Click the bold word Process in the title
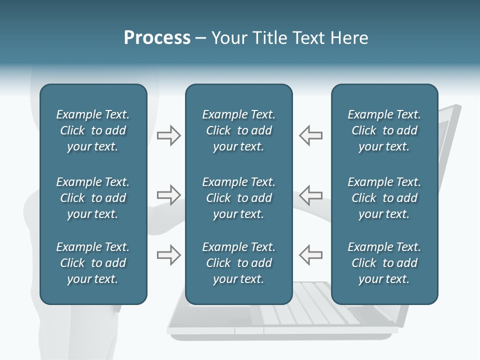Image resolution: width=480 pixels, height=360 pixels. (x=157, y=38)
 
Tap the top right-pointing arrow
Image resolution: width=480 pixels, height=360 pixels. (x=168, y=135)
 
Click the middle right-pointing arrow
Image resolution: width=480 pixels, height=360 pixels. (x=168, y=195)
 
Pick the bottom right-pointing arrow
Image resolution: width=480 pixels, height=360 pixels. (x=168, y=255)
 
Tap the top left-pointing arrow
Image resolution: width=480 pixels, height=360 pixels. (x=310, y=135)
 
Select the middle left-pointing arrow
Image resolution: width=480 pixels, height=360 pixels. (x=310, y=195)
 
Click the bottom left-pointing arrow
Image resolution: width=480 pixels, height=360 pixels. (x=310, y=255)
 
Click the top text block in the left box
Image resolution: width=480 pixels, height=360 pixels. (x=93, y=130)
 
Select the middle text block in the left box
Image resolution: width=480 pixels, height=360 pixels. (x=93, y=198)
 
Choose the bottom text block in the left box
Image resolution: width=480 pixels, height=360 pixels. (x=93, y=263)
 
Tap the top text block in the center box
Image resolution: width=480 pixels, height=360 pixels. (x=238, y=130)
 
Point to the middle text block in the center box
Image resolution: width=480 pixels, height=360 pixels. (x=238, y=198)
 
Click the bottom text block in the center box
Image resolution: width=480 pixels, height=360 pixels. (x=238, y=263)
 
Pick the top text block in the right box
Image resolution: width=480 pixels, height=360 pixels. (x=384, y=130)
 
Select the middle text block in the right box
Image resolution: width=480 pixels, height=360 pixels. (x=384, y=198)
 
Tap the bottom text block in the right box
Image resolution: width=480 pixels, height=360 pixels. (x=384, y=263)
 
